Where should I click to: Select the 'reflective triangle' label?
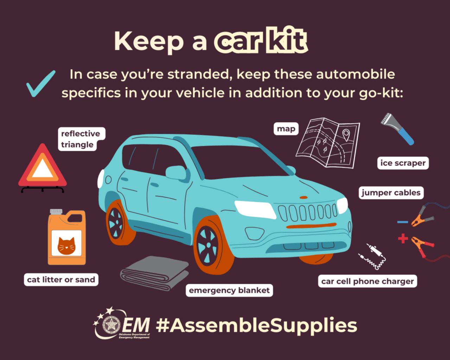pyautogui.click(x=81, y=139)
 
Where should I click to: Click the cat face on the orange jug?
pyautogui.click(x=66, y=245)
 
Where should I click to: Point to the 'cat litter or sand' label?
pyautogui.click(x=61, y=279)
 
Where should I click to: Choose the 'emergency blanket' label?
pyautogui.click(x=229, y=290)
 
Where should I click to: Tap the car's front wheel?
pyautogui.click(x=210, y=245)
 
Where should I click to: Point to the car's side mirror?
pyautogui.click(x=176, y=173)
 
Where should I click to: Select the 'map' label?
pyautogui.click(x=286, y=129)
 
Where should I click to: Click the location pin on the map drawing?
pyautogui.click(x=346, y=135)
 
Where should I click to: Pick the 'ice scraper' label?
pyautogui.click(x=403, y=163)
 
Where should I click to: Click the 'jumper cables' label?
pyautogui.click(x=391, y=193)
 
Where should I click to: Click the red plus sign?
pyautogui.click(x=403, y=239)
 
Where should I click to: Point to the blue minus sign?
pyautogui.click(x=403, y=222)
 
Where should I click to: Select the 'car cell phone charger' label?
pyautogui.click(x=367, y=281)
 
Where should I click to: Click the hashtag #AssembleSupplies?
pyautogui.click(x=256, y=325)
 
